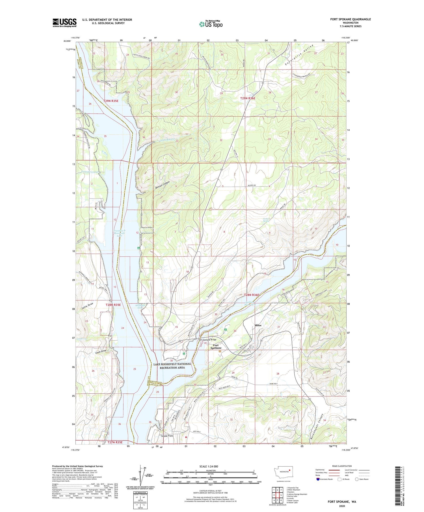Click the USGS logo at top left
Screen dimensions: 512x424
(64, 23)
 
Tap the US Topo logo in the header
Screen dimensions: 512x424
(211, 24)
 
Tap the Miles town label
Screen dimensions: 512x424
(258, 325)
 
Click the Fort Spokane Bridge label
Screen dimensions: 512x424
(207, 340)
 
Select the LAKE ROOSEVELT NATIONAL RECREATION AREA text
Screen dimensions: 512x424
(172, 366)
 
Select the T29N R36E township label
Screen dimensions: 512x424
(248, 98)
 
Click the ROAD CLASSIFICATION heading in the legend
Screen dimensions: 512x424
(342, 466)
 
